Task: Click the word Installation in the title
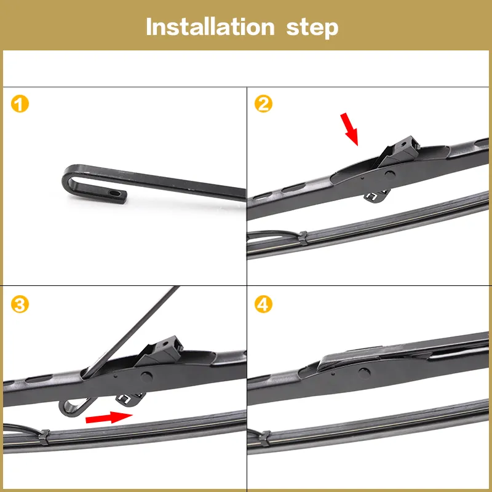[209, 27]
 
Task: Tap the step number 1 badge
[20, 104]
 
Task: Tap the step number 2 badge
[264, 104]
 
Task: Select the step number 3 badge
[20, 305]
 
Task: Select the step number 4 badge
[264, 305]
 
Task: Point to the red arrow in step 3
[109, 418]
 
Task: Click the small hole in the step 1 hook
[116, 193]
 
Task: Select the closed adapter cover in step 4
[363, 355]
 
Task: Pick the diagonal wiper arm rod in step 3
[129, 332]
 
